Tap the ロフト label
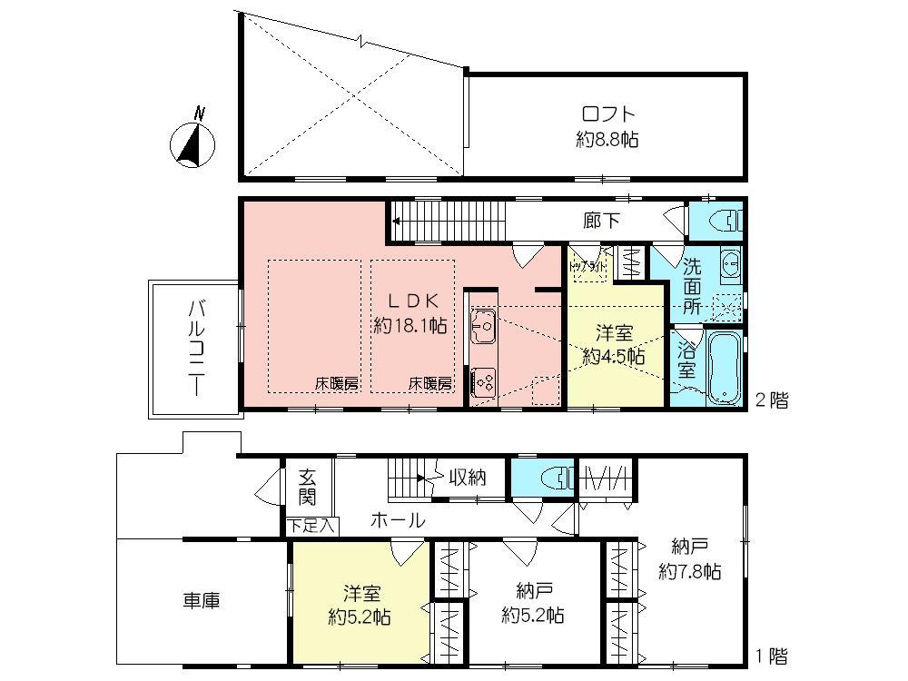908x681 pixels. (607, 115)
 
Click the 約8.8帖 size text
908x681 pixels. (607, 140)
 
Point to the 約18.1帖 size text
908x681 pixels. (410, 326)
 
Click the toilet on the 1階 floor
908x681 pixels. (551, 479)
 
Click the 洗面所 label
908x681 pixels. (692, 286)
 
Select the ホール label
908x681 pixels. (397, 520)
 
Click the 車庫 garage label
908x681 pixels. (202, 600)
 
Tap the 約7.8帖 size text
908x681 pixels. (690, 572)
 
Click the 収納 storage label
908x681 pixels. (468, 478)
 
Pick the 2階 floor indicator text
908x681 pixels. (772, 400)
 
